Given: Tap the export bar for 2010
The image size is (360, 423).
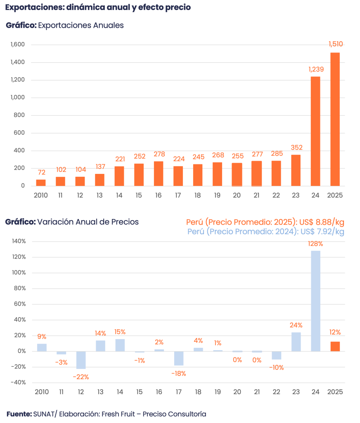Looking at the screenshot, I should point(41,182).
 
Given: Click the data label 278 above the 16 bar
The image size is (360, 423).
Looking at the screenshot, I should point(159,154).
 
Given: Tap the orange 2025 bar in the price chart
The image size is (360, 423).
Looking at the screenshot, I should point(335,346).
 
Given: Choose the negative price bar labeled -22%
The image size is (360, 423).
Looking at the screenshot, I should point(81,360).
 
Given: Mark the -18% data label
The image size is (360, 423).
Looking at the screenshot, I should point(178,373).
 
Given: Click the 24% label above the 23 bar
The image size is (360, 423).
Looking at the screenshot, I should point(296,325).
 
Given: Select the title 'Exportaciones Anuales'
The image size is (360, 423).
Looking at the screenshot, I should point(81,26).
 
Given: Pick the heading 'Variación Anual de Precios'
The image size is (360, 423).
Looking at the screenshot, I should point(88,222).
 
